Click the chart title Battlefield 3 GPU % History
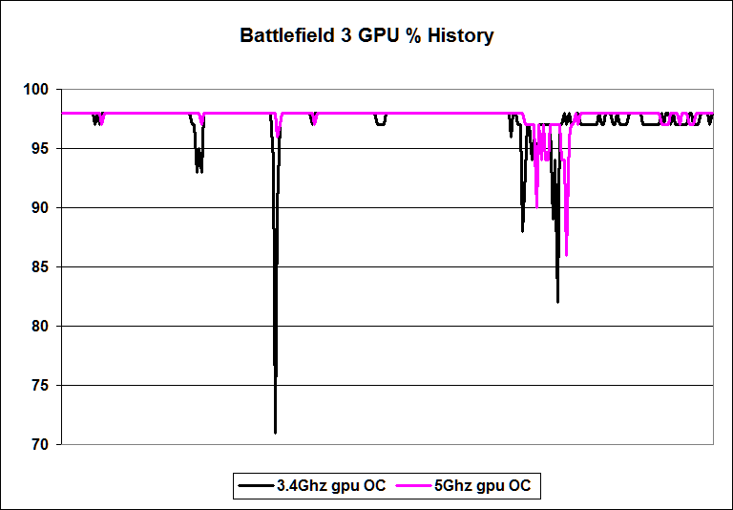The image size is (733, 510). pos(366,37)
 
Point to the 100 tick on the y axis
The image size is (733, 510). pos(41,90)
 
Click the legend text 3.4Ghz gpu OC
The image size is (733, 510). pos(331,486)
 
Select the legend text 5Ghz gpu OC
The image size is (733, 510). pos(482,486)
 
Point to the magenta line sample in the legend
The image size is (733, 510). pos(413,486)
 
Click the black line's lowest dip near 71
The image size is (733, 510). pos(275,432)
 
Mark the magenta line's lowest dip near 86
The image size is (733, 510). pos(566,254)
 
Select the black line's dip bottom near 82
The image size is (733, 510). pos(557,301)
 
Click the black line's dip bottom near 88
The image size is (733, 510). pos(522,230)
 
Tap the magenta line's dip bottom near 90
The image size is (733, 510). pos(536,206)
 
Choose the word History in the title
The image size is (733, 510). pos(463,37)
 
